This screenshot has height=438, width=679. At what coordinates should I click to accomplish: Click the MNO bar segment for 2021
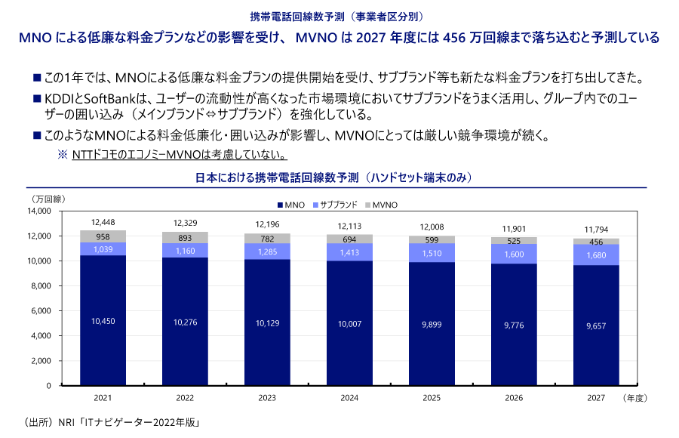[x=103, y=320]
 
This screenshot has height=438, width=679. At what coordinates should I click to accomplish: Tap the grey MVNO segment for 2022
[x=185, y=237]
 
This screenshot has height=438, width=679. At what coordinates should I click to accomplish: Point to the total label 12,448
[x=103, y=222]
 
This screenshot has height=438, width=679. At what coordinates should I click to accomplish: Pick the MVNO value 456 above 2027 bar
[x=596, y=242]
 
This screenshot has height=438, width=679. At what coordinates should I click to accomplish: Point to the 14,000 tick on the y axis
[x=38, y=211]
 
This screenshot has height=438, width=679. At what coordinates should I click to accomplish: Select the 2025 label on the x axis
[x=432, y=396]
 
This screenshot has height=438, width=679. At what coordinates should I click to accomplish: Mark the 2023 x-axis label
[x=267, y=396]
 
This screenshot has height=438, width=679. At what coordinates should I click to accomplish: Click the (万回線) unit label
[x=47, y=199]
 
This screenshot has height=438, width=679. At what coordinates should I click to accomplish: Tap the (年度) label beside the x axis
[x=636, y=396]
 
